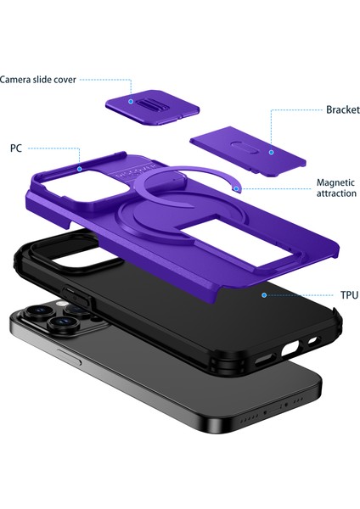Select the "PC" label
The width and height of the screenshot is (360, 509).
pyautogui.click(x=16, y=148)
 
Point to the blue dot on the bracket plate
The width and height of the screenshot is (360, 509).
pyautogui.click(x=270, y=152)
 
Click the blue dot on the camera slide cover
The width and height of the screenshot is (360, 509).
pyautogui.click(x=132, y=101)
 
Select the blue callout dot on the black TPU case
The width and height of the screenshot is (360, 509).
pyautogui.click(x=265, y=295)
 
